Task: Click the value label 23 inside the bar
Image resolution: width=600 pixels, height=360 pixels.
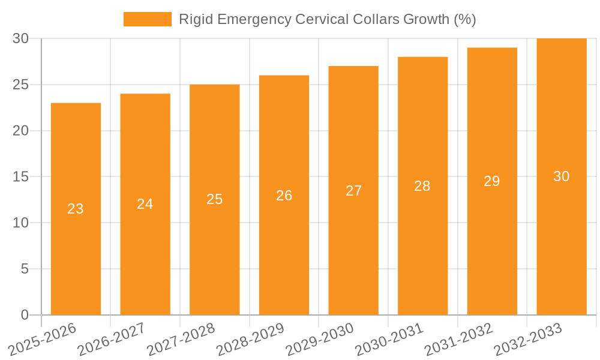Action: pos(76,209)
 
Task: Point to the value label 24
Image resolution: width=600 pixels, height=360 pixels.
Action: pos(145,204)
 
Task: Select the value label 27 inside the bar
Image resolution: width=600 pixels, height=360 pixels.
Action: pos(353,190)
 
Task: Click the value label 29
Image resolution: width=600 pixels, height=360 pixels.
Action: pos(492,181)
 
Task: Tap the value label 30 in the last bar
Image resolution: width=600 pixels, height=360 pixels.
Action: pos(561,176)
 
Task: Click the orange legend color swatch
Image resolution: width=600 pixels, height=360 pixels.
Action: pos(148,19)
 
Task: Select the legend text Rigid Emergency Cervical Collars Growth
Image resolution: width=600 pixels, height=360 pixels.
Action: pos(327,19)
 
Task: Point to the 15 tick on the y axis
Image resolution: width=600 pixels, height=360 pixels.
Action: pos(20,177)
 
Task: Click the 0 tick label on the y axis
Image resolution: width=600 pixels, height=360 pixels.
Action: pos(25,315)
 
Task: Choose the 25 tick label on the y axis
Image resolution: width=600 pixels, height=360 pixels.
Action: pos(20,85)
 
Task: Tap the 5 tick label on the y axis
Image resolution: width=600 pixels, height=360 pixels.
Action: pos(25,269)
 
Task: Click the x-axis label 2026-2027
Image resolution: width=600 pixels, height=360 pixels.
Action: pos(112,339)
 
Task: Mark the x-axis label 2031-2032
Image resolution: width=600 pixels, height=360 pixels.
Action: pos(458,339)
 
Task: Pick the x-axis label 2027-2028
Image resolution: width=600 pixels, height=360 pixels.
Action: pos(181,339)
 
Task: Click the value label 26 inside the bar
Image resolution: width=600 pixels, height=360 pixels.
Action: pos(284,195)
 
